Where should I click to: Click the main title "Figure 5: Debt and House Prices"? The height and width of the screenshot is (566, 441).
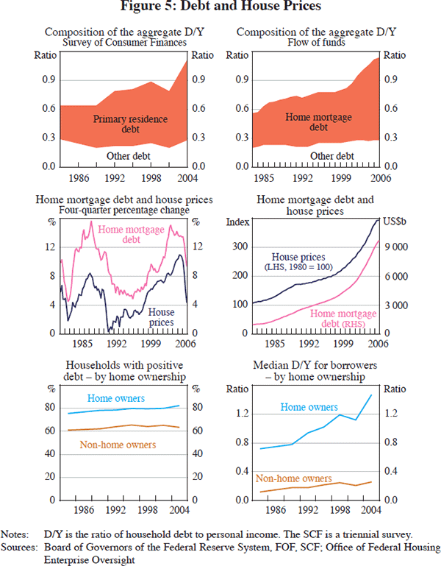coord(220,8)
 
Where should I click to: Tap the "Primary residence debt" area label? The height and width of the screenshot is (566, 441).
coord(130,124)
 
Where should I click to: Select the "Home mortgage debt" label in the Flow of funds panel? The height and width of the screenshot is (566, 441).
coord(318,122)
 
